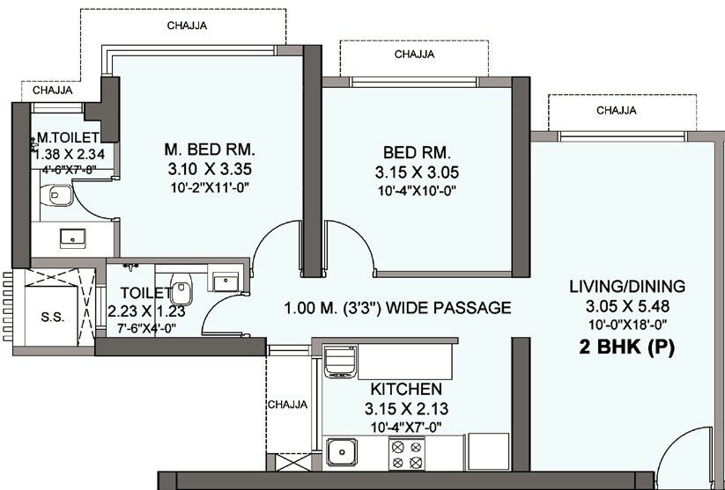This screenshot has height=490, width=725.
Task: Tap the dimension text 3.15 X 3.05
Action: pos(420,172)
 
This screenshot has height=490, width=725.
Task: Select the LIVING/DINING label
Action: pos(626,286)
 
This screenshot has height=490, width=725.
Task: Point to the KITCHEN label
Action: pos(405,389)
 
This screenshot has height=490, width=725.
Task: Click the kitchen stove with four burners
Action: pos(406,453)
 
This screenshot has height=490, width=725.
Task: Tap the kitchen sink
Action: pos(340,454)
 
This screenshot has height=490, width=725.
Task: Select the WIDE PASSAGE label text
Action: pos(397,308)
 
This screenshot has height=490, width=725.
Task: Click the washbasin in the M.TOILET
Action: pos(70,236)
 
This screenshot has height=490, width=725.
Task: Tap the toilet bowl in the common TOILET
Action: pos(181,286)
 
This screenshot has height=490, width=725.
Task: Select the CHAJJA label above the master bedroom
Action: pos(187,26)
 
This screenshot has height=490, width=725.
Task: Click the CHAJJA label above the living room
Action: pos(617,110)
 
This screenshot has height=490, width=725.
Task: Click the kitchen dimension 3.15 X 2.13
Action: pos(405,408)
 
